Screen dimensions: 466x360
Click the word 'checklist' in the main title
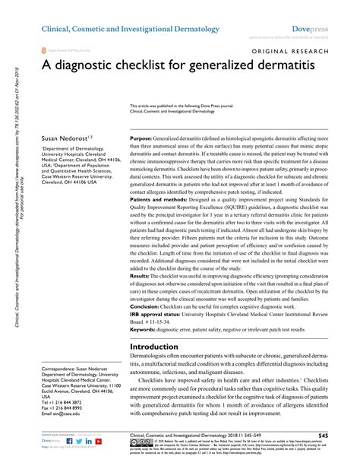point(146,70)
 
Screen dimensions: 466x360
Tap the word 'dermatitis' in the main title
point(295,70)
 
